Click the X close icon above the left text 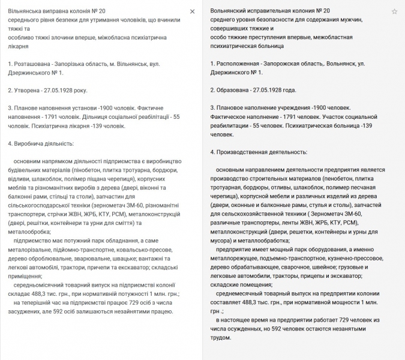click(x=192, y=11)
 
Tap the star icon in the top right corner click(x=394, y=11)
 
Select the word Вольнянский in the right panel click(x=230, y=11)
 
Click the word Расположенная click(x=241, y=63)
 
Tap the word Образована click(x=233, y=91)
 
